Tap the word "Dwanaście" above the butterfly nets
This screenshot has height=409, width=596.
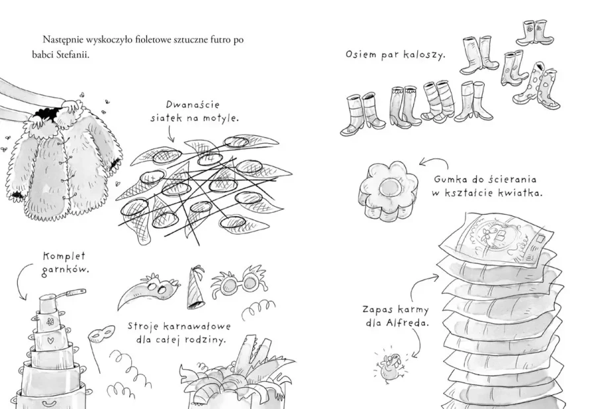click(x=193, y=105)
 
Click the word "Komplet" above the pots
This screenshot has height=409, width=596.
click(x=64, y=256)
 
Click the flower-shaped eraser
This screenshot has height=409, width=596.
click(x=387, y=190)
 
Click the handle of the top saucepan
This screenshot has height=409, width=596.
click(x=75, y=292)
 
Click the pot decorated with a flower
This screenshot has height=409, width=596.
click(x=50, y=322)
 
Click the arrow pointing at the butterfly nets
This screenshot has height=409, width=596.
click(x=170, y=133)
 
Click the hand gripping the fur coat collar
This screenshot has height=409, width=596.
click(x=71, y=104)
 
